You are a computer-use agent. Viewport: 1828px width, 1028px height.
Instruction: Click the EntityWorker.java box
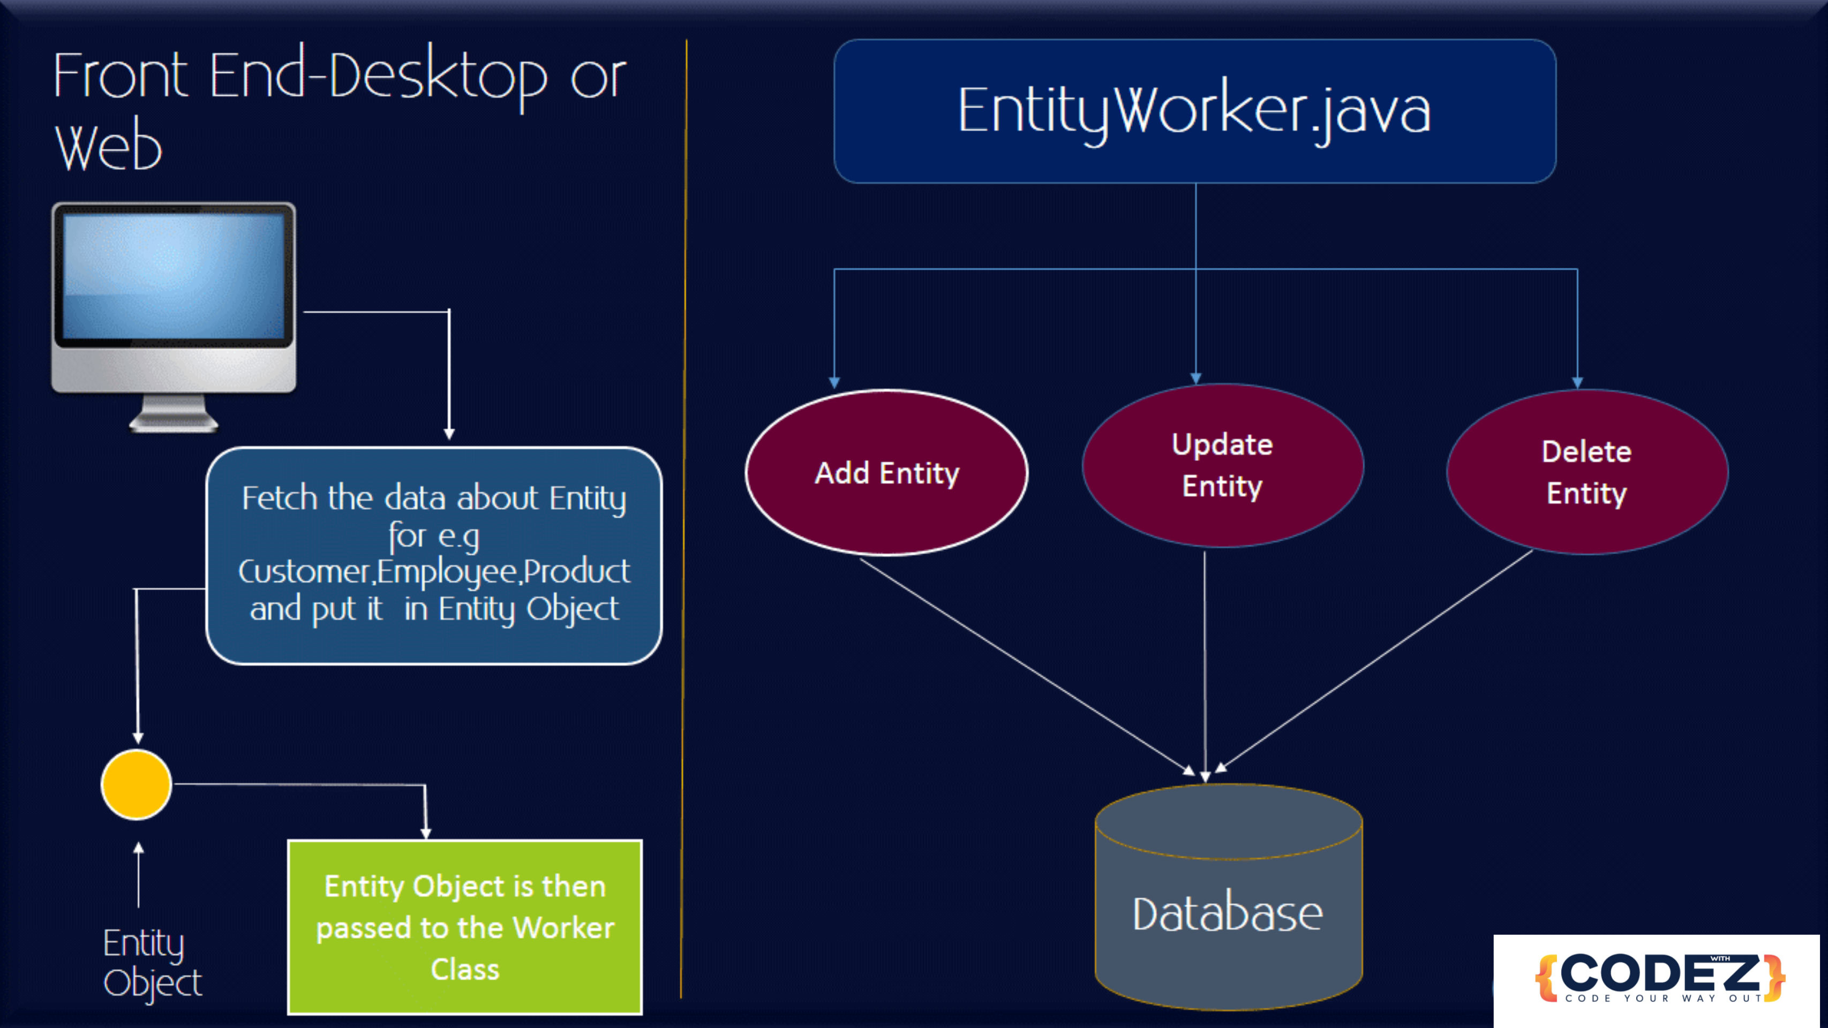click(1195, 111)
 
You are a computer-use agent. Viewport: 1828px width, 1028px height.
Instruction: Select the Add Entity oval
click(887, 472)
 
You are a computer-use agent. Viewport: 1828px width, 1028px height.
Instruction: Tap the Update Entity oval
click(1223, 465)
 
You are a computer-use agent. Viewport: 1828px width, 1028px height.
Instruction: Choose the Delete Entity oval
click(1588, 472)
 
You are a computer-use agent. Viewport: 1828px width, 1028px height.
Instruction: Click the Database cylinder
click(1228, 897)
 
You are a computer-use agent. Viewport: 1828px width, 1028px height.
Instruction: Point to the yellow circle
click(136, 785)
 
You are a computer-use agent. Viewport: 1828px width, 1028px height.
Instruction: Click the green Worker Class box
click(465, 927)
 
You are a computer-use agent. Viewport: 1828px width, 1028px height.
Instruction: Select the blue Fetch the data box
click(434, 556)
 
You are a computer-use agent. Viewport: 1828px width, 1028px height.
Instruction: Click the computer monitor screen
click(174, 277)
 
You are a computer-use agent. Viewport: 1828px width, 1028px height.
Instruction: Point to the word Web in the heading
click(109, 147)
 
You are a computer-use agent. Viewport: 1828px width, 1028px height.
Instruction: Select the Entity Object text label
click(152, 963)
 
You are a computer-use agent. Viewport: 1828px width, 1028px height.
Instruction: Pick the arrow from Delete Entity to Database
click(1374, 661)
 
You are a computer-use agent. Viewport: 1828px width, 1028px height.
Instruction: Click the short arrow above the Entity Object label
click(138, 874)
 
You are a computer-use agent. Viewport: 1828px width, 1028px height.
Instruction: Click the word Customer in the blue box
click(304, 572)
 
